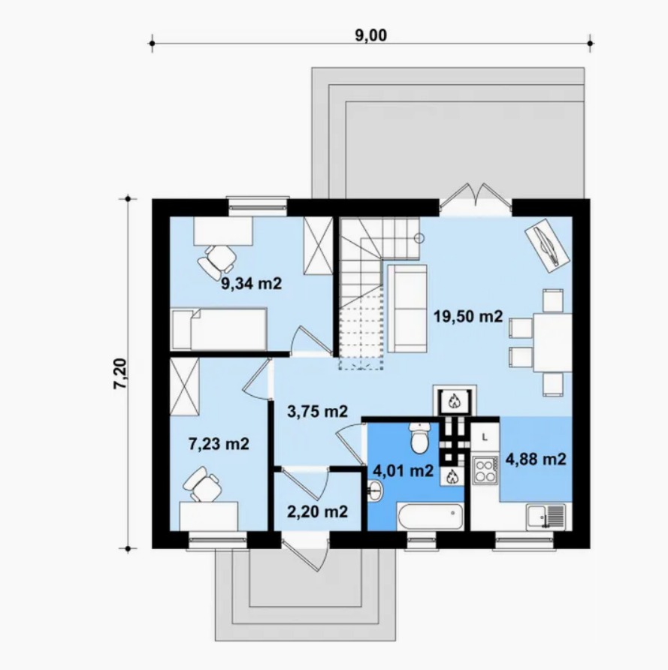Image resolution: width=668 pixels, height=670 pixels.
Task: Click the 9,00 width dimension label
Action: point(371,35)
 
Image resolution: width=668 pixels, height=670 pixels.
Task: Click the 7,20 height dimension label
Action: point(120,373)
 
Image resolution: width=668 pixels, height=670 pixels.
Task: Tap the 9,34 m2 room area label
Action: point(251,283)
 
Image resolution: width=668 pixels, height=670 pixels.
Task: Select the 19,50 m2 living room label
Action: point(468,317)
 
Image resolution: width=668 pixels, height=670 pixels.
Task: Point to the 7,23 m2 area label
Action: point(219,444)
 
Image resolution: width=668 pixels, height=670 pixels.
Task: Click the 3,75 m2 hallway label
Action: point(318,411)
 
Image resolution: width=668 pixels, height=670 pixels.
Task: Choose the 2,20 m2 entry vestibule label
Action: point(317,512)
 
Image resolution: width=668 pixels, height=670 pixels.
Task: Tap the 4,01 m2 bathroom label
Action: point(404,471)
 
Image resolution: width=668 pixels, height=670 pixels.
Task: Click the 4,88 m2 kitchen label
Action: point(536,460)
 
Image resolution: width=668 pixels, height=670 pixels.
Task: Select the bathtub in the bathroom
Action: point(430,517)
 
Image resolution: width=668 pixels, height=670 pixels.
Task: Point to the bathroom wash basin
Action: point(375,491)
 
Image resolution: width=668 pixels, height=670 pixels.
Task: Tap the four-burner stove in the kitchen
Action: point(485,470)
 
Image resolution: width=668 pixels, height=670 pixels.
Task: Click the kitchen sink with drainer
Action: point(546,517)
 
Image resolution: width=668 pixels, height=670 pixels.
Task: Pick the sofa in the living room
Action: point(407,308)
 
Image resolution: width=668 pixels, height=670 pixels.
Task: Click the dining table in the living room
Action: point(552,343)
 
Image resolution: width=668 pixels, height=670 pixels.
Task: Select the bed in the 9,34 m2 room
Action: point(219,329)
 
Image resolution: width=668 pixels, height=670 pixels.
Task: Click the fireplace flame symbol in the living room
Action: point(454,401)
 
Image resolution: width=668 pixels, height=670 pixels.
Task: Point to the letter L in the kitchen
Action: point(485,437)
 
